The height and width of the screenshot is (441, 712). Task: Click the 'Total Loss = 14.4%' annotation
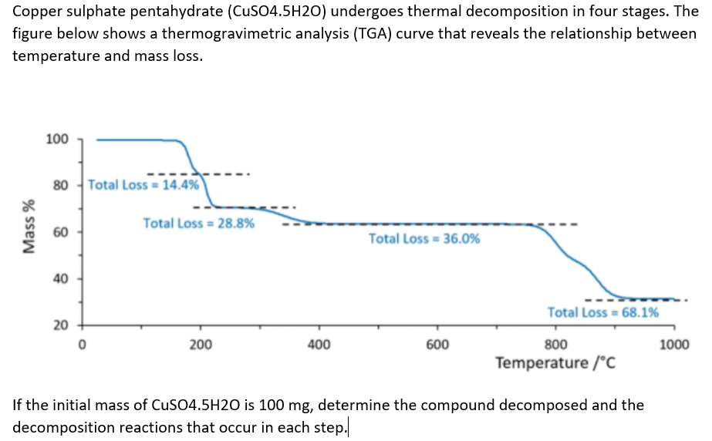[x=143, y=185]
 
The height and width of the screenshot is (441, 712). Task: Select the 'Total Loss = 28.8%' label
[x=199, y=224]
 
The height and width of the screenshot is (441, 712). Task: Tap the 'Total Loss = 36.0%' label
[x=424, y=238]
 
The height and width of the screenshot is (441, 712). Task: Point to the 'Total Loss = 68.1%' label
[x=603, y=312]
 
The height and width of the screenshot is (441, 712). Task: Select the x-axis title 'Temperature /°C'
[x=555, y=362]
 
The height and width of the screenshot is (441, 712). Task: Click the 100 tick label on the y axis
[x=57, y=140]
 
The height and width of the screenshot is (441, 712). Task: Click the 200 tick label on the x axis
[x=201, y=345]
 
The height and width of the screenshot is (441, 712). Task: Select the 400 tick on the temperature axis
[x=319, y=345]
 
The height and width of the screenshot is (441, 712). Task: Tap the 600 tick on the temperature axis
[x=437, y=345]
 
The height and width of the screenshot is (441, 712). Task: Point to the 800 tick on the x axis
[x=556, y=345]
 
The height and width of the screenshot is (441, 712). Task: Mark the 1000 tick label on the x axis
[x=674, y=345]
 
